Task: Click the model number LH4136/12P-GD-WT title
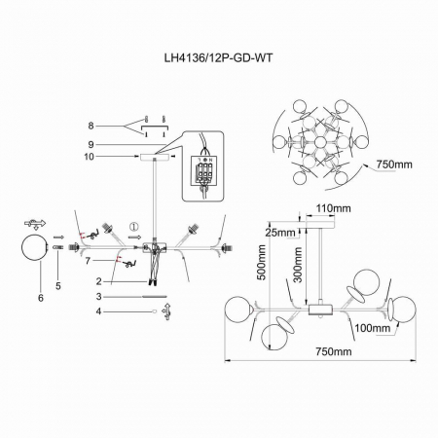coord(218,58)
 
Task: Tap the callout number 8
coord(91,126)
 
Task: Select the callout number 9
coord(91,144)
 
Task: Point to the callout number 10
coord(89,157)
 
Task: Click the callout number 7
coord(88,260)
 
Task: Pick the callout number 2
coord(99,281)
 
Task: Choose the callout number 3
coord(99,297)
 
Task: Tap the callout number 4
coord(99,311)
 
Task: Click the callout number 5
coord(58,286)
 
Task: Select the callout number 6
coord(41,298)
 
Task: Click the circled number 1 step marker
coord(133,226)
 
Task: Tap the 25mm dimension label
coord(280,233)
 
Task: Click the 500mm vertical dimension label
coord(262,263)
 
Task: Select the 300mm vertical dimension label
coord(298,265)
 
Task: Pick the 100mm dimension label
coord(373,328)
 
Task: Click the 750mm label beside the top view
coord(394,164)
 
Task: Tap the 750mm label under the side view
coord(334,351)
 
